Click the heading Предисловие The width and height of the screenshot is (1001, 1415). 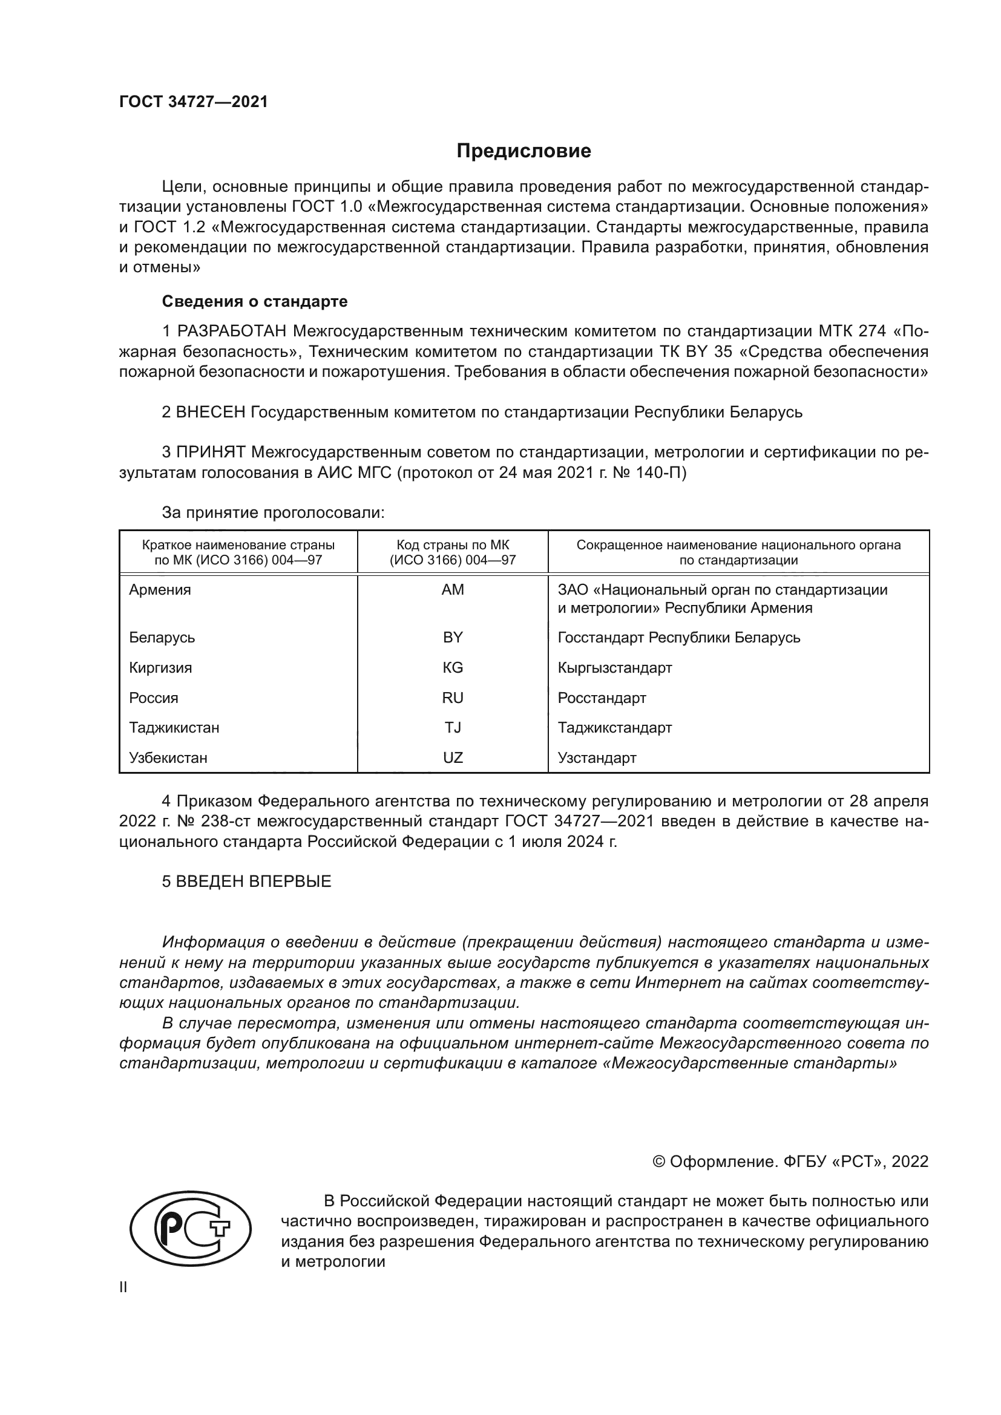tap(523, 151)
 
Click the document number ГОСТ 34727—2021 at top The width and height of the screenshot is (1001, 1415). tap(194, 102)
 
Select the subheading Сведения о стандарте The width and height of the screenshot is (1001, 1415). tap(255, 301)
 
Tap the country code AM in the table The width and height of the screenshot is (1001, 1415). tap(453, 590)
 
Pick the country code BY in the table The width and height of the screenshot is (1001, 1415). tap(453, 637)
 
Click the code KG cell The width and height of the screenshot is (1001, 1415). tap(453, 667)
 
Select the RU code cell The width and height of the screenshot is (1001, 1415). tap(453, 698)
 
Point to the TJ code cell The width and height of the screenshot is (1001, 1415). tap(453, 727)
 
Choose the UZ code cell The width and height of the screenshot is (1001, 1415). tap(453, 757)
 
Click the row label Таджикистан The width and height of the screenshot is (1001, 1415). tap(174, 727)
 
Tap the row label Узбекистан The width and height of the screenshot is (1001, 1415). tap(168, 757)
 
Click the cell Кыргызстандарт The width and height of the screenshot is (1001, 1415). tap(614, 667)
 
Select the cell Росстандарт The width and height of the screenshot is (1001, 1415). tap(602, 698)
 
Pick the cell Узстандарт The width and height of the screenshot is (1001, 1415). tap(597, 757)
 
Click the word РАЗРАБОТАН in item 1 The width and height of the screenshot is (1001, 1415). tap(232, 332)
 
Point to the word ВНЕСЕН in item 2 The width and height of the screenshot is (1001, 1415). tap(211, 412)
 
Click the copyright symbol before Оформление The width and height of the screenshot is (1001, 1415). tap(659, 1162)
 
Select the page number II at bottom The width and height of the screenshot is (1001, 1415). tap(123, 1287)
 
